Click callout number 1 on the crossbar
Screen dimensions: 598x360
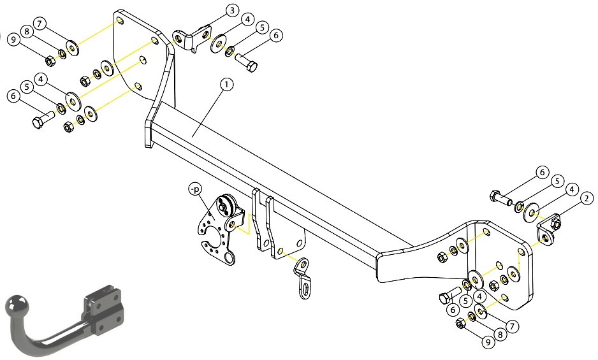point(226,84)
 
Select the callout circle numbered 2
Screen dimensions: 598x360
point(587,198)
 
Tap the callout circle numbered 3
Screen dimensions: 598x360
point(232,10)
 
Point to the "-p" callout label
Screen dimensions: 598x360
point(195,189)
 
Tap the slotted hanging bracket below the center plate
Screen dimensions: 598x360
point(303,278)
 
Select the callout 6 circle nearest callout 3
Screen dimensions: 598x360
point(276,36)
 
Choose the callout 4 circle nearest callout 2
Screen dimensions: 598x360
point(571,189)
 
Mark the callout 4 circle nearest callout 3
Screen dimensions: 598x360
point(247,19)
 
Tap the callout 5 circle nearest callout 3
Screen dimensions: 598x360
point(261,27)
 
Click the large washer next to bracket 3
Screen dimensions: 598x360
point(218,43)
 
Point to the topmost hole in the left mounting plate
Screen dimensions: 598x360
point(120,20)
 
